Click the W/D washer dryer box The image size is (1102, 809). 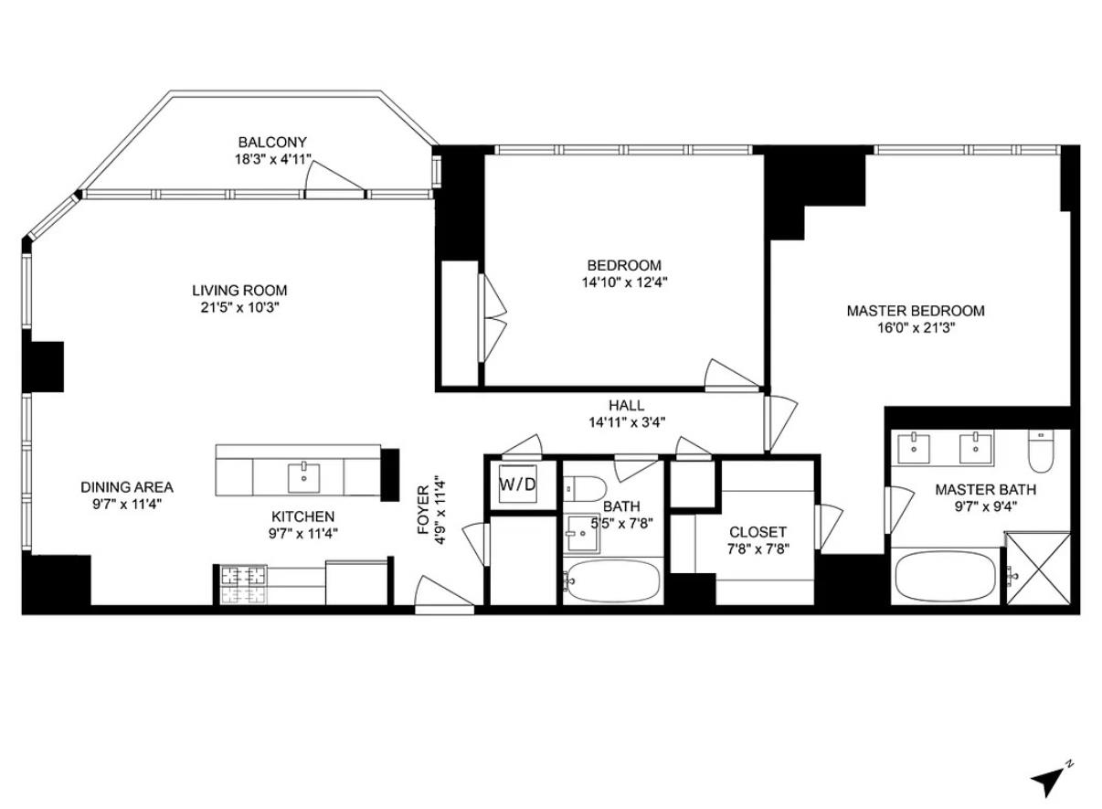[517, 484]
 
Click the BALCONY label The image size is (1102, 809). [272, 143]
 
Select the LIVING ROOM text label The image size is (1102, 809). [239, 291]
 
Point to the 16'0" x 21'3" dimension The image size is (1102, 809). [916, 327]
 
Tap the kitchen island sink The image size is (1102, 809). [302, 476]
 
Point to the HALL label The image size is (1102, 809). [627, 405]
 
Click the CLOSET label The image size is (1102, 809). [758, 532]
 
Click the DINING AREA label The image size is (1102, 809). [126, 487]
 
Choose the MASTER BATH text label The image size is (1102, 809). [985, 490]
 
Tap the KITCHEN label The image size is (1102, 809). [302, 516]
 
